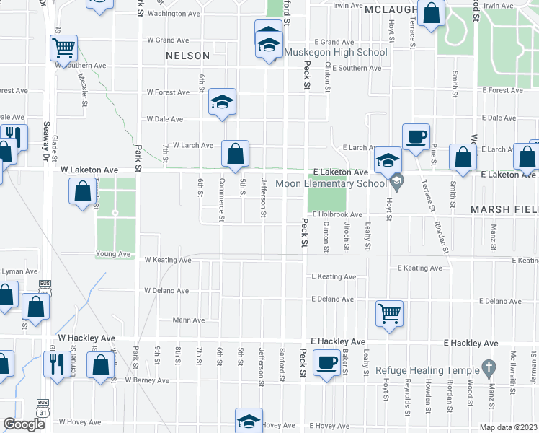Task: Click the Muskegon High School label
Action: point(335,52)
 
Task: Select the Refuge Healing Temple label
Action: point(428,369)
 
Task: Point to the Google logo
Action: point(24,424)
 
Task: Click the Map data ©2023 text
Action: point(508,427)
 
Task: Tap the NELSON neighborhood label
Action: point(187,55)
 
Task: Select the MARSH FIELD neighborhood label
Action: point(504,209)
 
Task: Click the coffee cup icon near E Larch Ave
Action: point(416,137)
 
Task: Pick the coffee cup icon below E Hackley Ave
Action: point(327,362)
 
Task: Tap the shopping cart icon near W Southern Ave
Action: point(64,48)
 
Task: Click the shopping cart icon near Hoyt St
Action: point(389,313)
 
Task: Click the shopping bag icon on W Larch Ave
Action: point(235,153)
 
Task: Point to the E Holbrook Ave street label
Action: point(337,214)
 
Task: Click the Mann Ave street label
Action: point(189,320)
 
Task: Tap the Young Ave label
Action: point(113,254)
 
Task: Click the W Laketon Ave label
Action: point(89,170)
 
